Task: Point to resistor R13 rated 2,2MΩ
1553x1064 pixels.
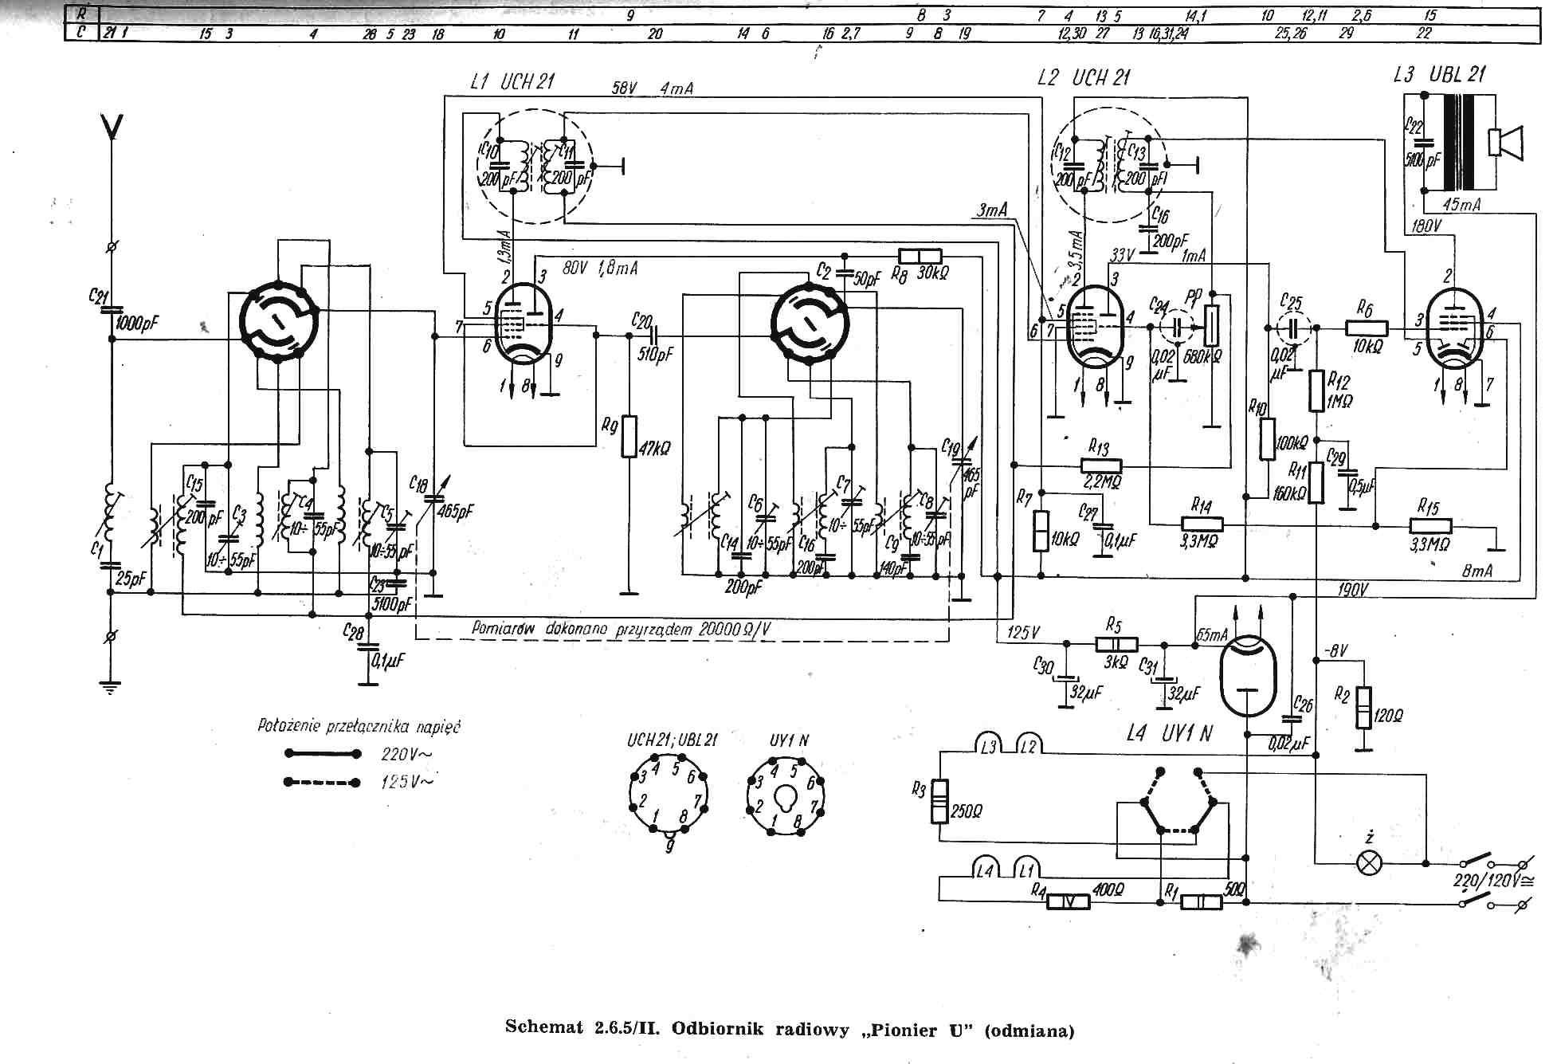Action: click(x=1101, y=465)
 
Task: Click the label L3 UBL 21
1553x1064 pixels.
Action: click(x=1439, y=76)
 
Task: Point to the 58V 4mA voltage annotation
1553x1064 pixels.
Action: click(x=652, y=88)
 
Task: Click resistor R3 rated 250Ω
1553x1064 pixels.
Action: click(x=940, y=800)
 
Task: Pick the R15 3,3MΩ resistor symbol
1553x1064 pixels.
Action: click(x=1430, y=526)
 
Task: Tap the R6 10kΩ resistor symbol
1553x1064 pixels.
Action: click(x=1367, y=328)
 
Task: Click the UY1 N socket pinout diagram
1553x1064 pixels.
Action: click(x=786, y=795)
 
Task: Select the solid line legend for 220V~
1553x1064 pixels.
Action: click(x=322, y=753)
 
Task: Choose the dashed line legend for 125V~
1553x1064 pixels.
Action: click(x=322, y=782)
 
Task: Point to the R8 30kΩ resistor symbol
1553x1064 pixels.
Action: click(x=920, y=257)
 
